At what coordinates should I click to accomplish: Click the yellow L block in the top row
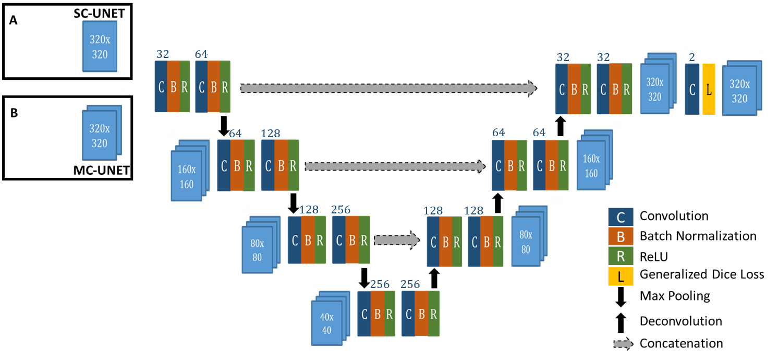(x=709, y=89)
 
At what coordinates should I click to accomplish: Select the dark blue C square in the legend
(x=621, y=217)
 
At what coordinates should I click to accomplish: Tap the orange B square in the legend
(x=621, y=236)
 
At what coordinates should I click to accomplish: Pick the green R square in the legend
(x=621, y=256)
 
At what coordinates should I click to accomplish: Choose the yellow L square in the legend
(x=621, y=277)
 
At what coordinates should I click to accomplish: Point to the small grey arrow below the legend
(x=623, y=344)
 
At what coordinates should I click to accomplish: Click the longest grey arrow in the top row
(x=388, y=88)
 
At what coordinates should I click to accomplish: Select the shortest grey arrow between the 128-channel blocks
(x=396, y=240)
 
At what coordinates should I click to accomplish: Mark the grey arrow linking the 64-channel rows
(x=395, y=166)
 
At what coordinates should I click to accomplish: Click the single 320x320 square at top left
(x=100, y=46)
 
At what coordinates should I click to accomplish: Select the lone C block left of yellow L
(x=692, y=89)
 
